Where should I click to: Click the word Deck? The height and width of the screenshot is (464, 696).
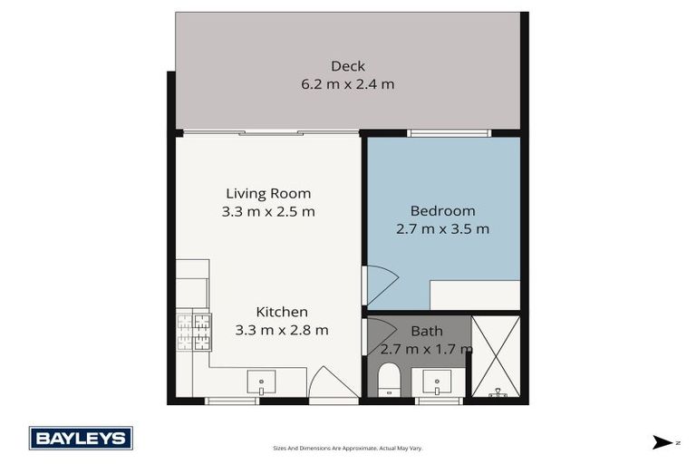[347, 66]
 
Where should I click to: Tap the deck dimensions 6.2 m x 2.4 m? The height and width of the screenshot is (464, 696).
[347, 84]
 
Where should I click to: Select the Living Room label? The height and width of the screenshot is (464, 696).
[267, 193]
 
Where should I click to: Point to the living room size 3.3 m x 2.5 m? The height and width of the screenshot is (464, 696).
[267, 212]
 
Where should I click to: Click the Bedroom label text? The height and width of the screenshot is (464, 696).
[442, 210]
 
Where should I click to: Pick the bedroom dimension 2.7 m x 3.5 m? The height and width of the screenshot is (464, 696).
[442, 229]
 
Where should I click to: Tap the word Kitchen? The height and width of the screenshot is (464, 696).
[281, 311]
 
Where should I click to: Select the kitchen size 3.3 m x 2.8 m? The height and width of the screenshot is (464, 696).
[281, 330]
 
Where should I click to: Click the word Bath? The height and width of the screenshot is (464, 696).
[427, 331]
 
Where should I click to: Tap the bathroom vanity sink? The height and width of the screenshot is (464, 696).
[437, 383]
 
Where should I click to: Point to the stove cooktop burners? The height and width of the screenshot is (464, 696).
[193, 331]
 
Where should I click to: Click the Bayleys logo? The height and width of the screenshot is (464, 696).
[81, 439]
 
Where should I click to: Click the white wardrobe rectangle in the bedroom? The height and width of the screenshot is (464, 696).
[474, 295]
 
